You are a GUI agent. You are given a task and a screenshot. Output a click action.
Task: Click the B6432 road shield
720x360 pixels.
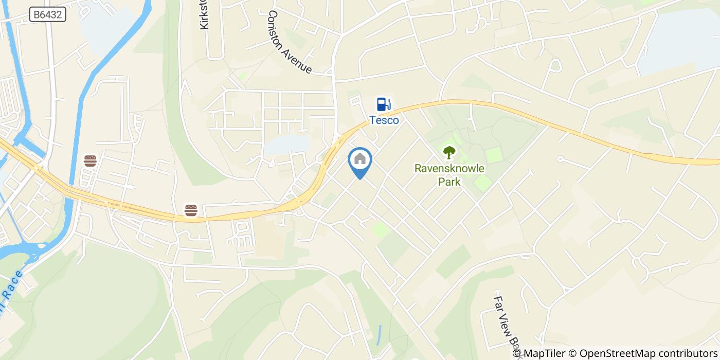click(x=47, y=15)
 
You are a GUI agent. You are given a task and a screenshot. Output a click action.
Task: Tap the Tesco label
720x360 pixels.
click(x=384, y=120)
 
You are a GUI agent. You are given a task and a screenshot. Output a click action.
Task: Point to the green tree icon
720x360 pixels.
click(x=449, y=152)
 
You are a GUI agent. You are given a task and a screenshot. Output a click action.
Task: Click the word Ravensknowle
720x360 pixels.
click(x=449, y=168)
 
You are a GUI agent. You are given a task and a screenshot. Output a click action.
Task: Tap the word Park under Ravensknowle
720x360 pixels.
click(x=449, y=182)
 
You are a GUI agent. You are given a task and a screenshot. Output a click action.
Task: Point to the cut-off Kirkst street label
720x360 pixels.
click(x=204, y=15)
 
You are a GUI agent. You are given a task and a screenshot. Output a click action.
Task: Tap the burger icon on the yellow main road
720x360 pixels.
click(x=191, y=210)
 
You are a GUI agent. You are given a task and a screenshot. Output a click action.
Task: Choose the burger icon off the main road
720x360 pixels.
click(x=90, y=161)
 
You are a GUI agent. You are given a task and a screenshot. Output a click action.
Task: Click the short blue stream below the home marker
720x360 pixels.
click(x=379, y=335)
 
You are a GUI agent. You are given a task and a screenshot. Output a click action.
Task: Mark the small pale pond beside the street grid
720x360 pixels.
click(x=286, y=144)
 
